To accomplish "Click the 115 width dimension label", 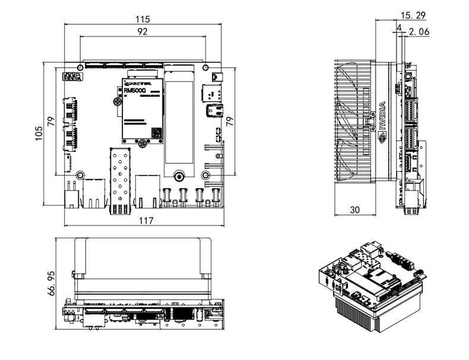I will pyautogui.click(x=143, y=18).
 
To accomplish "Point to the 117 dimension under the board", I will pyautogui.click(x=145, y=221).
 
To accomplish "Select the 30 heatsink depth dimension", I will pyautogui.click(x=354, y=209).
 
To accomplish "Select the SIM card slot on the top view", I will pyautogui.click(x=211, y=93).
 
